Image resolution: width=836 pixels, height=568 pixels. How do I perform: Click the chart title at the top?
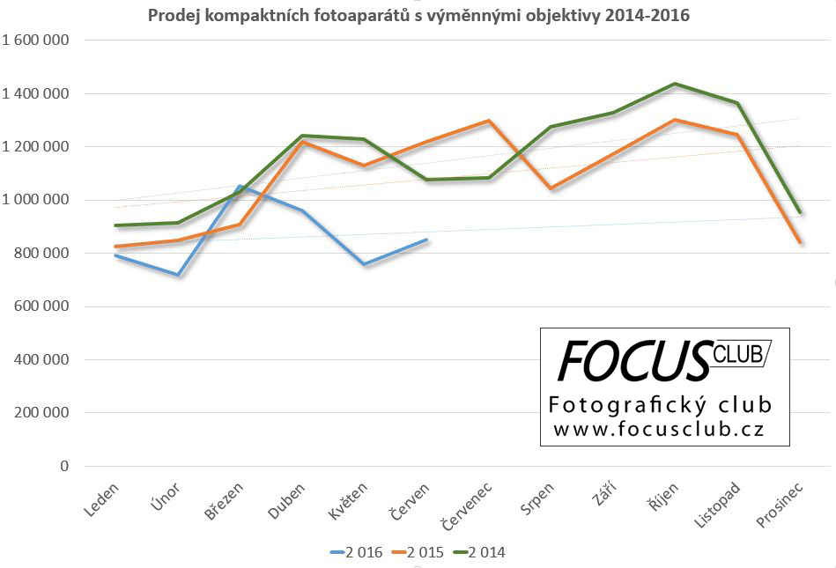(x=418, y=15)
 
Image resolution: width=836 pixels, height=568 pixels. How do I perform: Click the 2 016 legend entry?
(x=356, y=552)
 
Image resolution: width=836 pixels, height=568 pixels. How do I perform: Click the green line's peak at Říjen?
(x=675, y=84)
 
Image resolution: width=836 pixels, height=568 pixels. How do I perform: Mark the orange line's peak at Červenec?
(x=489, y=121)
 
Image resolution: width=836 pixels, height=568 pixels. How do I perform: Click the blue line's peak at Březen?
(x=240, y=186)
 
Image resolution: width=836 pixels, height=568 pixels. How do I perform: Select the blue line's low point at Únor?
(x=178, y=275)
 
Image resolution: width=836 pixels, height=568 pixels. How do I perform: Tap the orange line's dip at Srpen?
(x=551, y=188)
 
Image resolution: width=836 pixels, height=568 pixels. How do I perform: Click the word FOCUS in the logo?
(x=633, y=360)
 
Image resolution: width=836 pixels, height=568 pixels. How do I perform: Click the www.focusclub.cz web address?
(x=658, y=429)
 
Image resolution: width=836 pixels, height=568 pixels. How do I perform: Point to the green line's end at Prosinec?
(x=799, y=212)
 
